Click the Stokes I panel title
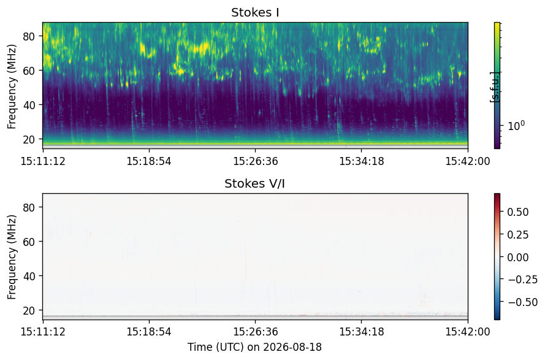pos(255,12)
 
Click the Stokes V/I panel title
pos(255,183)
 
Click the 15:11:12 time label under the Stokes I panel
pos(43,161)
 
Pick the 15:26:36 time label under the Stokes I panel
pos(256,161)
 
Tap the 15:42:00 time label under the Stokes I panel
pos(468,161)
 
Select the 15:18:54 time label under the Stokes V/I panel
pos(149,331)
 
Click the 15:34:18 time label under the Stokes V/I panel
pos(362,331)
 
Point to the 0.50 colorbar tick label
pos(518,212)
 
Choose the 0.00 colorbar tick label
pos(518,257)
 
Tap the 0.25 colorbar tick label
pos(518,235)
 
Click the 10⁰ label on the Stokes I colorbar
pos(516,125)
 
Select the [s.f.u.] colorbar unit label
pos(495,87)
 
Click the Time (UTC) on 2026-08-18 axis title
pos(255,347)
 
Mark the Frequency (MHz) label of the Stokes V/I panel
pos(12,257)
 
